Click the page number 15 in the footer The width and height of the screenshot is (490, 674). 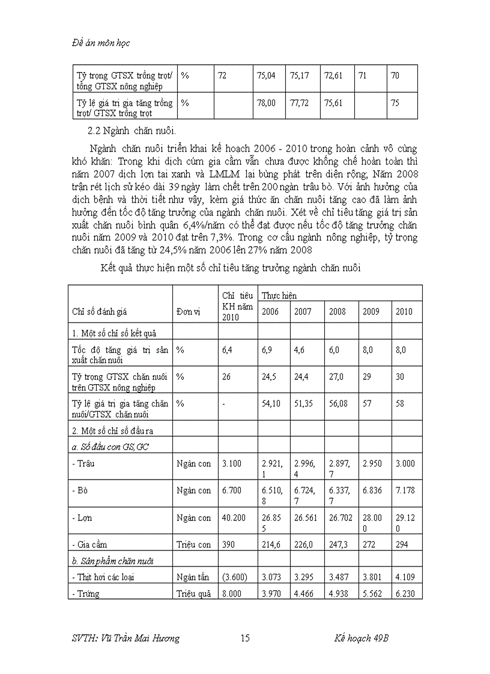click(x=245, y=638)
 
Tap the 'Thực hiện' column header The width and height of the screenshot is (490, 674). click(x=279, y=295)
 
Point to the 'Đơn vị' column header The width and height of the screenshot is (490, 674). click(x=188, y=311)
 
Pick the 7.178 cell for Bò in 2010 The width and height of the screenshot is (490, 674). click(x=405, y=490)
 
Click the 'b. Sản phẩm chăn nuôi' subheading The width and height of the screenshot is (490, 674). click(x=112, y=561)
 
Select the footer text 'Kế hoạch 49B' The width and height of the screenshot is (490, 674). click(x=361, y=638)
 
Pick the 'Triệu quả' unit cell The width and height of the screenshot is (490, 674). click(x=193, y=594)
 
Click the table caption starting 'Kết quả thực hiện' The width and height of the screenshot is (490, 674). click(x=231, y=268)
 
